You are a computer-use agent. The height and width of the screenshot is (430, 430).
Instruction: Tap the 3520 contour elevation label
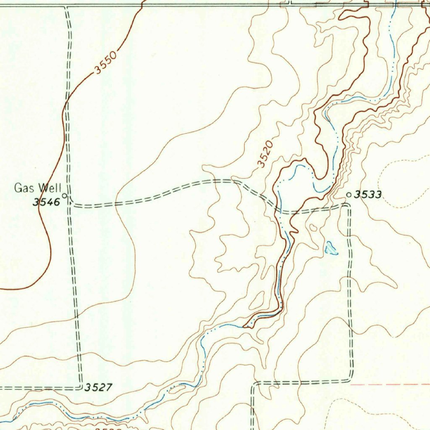[x=266, y=154]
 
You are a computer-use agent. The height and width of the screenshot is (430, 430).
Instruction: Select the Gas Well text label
[x=38, y=188]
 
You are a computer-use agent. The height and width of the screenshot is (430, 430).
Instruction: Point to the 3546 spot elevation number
[x=47, y=202]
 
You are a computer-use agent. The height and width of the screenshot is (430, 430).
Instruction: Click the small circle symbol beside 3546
[x=65, y=195]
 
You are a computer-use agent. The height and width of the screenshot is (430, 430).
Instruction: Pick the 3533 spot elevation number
[x=368, y=194]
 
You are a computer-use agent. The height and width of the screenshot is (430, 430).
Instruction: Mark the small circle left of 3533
[x=349, y=194]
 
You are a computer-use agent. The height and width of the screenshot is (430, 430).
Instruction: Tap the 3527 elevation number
[x=98, y=387]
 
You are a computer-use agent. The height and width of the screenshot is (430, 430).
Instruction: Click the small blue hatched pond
[x=330, y=248]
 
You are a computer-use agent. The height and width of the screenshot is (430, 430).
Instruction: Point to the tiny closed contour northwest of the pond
[x=313, y=228]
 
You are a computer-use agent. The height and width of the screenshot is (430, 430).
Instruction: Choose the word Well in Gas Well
[x=50, y=188]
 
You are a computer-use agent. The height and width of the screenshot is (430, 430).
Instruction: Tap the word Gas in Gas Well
[x=23, y=188]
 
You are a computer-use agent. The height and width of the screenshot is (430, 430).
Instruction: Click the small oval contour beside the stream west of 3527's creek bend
[x=177, y=389]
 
